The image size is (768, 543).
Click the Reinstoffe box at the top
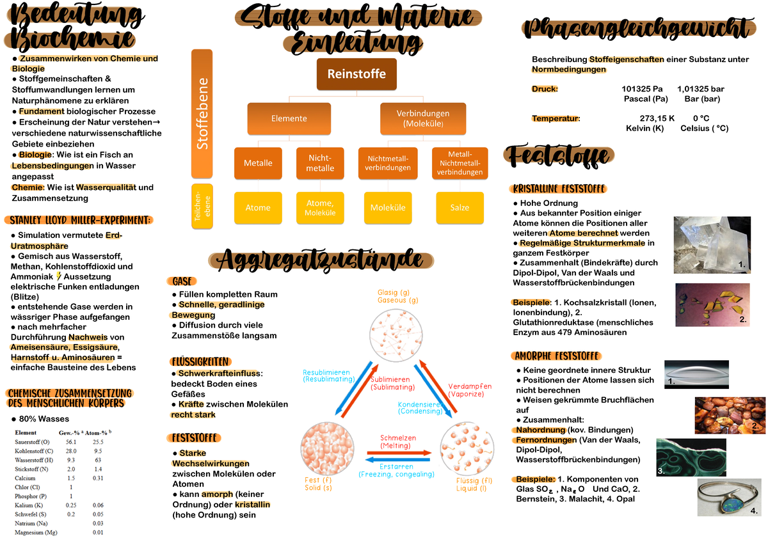pyautogui.click(x=356, y=74)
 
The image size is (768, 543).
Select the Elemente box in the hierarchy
pyautogui.click(x=289, y=118)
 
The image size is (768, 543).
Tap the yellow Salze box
pyautogui.click(x=460, y=208)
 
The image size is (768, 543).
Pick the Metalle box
pyautogui.click(x=258, y=163)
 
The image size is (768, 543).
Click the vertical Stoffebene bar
pyautogui.click(x=202, y=114)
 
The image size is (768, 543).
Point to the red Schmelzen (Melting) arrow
pyautogui.click(x=399, y=453)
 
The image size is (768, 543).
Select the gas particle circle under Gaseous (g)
pyautogui.click(x=396, y=335)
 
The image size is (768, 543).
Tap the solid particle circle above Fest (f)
pyautogui.click(x=328, y=448)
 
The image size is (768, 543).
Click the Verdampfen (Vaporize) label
pyautogui.click(x=470, y=390)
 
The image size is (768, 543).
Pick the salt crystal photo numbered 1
pyautogui.click(x=712, y=245)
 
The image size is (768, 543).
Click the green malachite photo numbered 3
pyautogui.click(x=691, y=457)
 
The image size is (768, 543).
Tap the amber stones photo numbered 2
pyautogui.click(x=730, y=416)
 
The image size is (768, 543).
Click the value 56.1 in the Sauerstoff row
pyautogui.click(x=71, y=442)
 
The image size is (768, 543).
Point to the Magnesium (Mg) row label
pyautogui.click(x=36, y=532)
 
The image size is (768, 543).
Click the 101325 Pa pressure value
pyautogui.click(x=642, y=89)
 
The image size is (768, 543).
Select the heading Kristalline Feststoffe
pyautogui.click(x=558, y=189)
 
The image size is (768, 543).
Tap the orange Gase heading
pyautogui.click(x=182, y=281)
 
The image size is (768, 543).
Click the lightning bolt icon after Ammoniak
pyautogui.click(x=59, y=276)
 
